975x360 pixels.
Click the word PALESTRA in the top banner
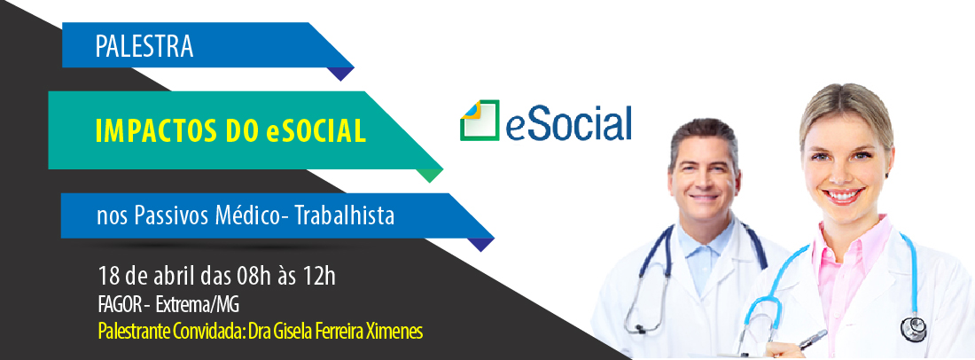coord(144,47)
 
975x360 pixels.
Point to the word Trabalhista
coord(345,215)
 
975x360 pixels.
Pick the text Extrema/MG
coord(197,305)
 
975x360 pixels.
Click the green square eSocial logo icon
coord(480,120)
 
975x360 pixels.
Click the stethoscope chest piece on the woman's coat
coord(914,330)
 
